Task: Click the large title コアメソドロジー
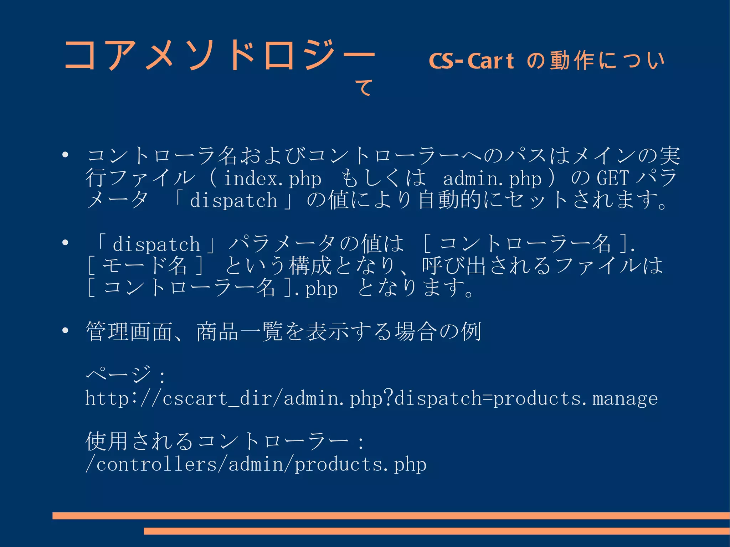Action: [x=219, y=55]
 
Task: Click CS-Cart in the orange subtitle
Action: [x=471, y=61]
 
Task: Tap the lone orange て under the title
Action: [x=364, y=88]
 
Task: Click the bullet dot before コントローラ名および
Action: [x=65, y=155]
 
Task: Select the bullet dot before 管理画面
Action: [x=65, y=331]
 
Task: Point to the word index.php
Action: [x=273, y=178]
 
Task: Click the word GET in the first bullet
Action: [x=612, y=178]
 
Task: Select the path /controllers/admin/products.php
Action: [x=256, y=464]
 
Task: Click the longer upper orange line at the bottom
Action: [x=391, y=516]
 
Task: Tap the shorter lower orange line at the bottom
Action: [x=437, y=531]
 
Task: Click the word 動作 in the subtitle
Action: [x=572, y=61]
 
